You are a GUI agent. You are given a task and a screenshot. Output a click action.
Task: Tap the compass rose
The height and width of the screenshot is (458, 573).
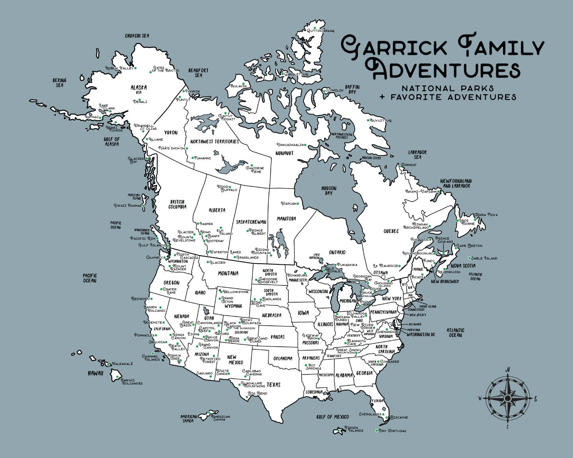508,398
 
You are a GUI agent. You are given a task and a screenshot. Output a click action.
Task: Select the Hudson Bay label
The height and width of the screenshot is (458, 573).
329,190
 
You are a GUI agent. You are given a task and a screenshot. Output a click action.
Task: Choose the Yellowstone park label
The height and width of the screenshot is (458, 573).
236,292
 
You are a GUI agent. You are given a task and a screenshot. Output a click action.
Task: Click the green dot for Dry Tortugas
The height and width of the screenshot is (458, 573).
376,431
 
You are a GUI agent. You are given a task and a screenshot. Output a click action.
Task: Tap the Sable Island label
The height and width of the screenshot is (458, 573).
485,258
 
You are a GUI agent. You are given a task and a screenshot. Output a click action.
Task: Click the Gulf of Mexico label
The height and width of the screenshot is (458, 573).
333,417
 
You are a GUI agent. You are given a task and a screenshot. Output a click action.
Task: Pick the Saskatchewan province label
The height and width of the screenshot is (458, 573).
251,222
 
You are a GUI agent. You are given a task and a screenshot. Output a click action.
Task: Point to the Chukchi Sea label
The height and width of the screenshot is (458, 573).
137,36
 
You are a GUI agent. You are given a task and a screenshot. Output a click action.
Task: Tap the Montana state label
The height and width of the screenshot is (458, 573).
228,274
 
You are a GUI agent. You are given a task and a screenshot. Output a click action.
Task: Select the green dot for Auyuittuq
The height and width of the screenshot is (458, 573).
368,120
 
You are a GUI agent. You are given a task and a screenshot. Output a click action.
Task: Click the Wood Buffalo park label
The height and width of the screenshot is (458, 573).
228,188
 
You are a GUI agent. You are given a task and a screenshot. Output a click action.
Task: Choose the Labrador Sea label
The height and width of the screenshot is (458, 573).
417,155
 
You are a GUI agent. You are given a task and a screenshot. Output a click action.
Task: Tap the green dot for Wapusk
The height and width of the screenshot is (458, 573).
298,204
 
